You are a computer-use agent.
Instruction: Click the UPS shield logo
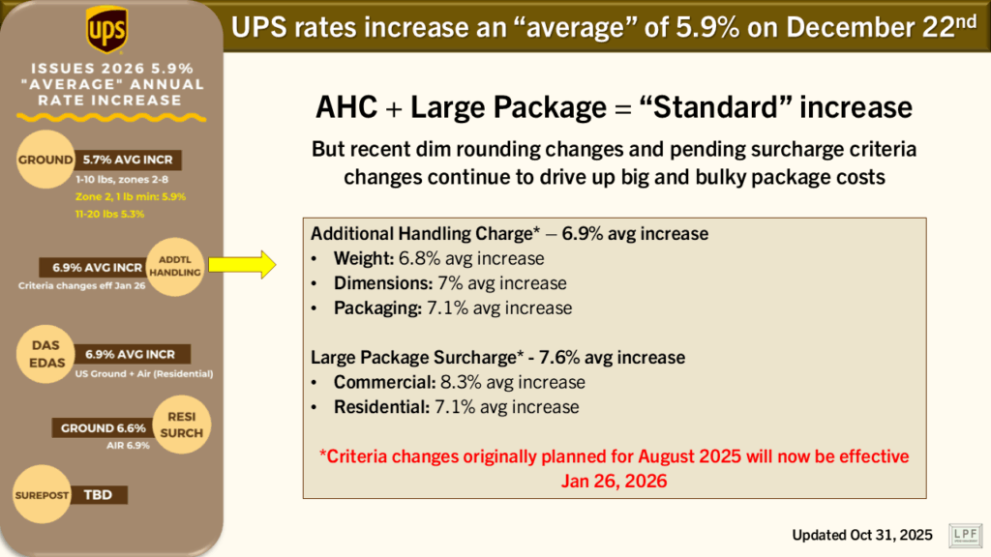[105, 30]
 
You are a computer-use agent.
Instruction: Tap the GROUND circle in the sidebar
[45, 160]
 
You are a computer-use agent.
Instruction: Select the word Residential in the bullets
[380, 407]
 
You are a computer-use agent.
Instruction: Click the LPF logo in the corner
[963, 535]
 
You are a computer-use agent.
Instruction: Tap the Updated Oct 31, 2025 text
[861, 535]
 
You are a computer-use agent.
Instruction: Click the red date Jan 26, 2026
[614, 481]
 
